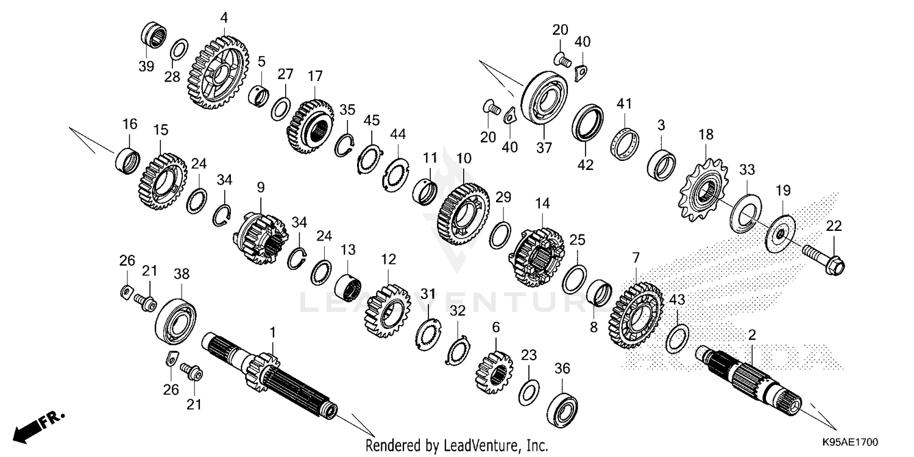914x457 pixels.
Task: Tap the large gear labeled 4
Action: [x=216, y=73]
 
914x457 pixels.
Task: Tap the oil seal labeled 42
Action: [x=587, y=122]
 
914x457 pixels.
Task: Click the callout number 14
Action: [x=542, y=202]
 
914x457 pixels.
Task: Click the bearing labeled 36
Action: [x=562, y=405]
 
